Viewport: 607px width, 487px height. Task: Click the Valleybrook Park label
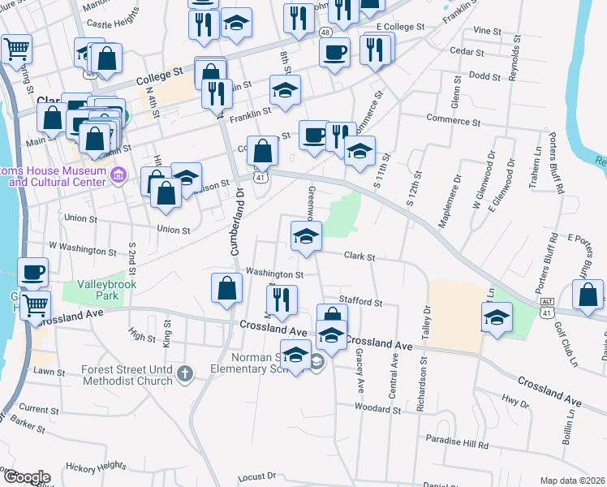108,291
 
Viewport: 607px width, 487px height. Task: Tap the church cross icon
185,374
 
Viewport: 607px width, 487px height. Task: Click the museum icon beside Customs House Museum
118,175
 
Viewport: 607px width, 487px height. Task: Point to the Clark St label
359,256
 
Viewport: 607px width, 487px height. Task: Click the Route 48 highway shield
325,32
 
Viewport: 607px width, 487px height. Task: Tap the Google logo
27,476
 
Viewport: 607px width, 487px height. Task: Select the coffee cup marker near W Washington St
32,273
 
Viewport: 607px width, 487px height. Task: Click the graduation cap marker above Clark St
307,236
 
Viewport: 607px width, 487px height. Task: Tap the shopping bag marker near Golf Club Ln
588,295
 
